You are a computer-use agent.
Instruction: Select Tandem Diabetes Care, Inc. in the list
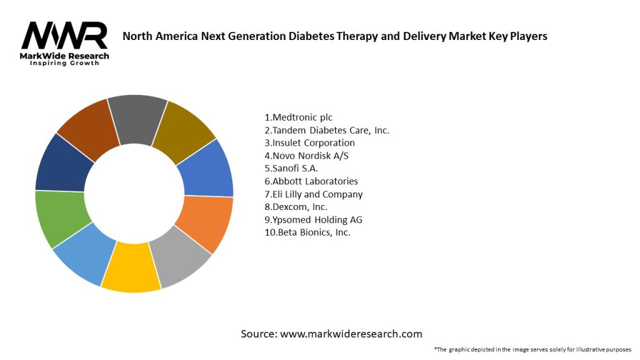[x=327, y=130]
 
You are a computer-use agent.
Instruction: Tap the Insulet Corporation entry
[x=309, y=142]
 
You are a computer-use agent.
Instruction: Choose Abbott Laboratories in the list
[x=311, y=181]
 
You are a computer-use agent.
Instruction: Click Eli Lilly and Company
[x=314, y=194]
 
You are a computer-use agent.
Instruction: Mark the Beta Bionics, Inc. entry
[x=307, y=232]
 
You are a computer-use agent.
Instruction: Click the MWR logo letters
[x=64, y=37]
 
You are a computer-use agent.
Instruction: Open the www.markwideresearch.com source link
[x=351, y=334]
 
